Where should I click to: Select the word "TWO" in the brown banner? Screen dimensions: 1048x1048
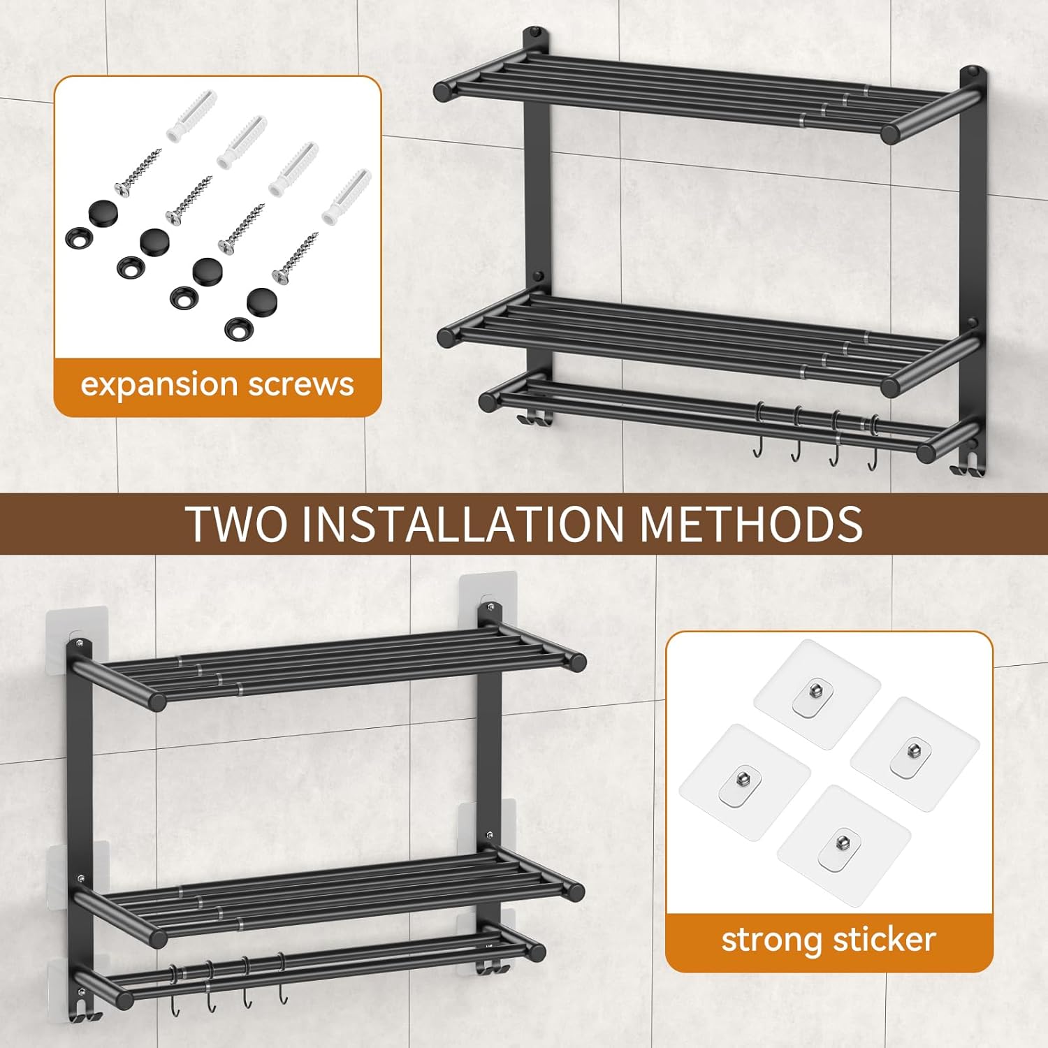(x=236, y=524)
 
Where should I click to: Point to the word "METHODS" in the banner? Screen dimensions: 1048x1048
(x=751, y=524)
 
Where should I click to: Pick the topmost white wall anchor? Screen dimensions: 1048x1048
(x=191, y=115)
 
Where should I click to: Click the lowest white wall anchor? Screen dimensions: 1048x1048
(x=347, y=196)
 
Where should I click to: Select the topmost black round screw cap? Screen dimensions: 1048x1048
(x=103, y=210)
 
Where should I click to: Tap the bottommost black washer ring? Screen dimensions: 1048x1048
(x=239, y=328)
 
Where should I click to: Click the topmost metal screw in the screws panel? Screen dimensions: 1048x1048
(x=138, y=171)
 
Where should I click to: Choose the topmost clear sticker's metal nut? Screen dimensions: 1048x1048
(x=815, y=692)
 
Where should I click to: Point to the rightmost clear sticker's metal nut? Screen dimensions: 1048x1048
(x=912, y=751)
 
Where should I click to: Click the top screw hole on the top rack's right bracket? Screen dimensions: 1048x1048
(x=973, y=73)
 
